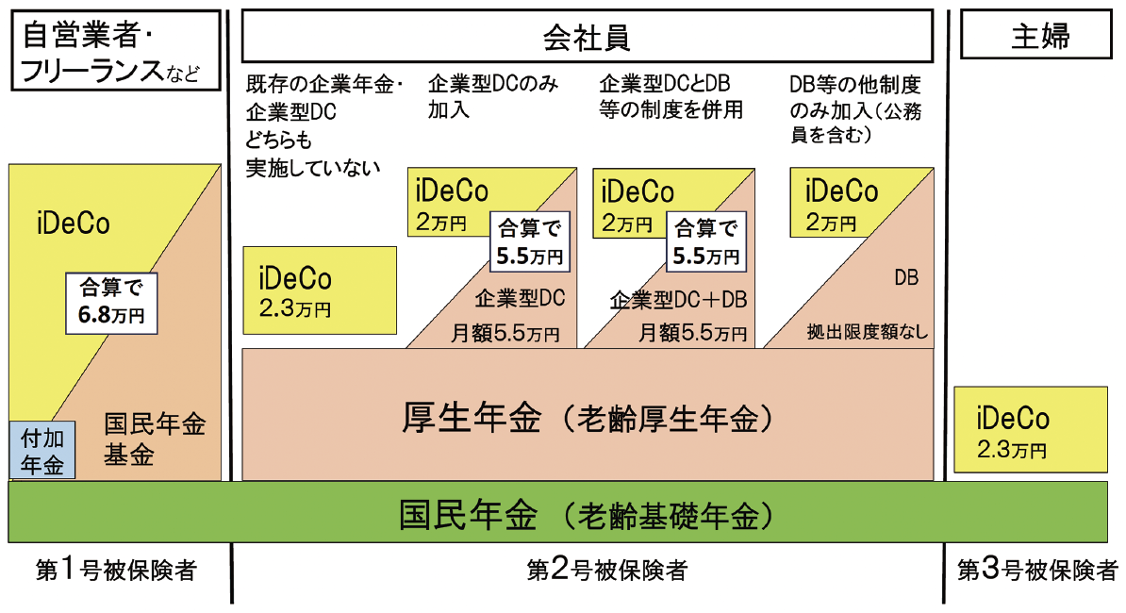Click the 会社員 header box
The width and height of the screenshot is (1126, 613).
coord(587,38)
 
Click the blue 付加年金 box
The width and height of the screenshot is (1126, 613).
coord(41,450)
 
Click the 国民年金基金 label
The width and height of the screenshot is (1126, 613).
coord(154,439)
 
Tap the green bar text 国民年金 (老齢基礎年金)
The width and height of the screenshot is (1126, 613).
coord(587,516)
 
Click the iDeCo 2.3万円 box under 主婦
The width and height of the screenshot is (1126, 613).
coord(1031,429)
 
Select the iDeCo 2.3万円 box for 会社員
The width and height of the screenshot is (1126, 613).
coord(320,290)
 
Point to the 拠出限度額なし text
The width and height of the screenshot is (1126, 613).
coord(867,332)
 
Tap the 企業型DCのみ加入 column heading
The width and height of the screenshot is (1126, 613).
coord(492,96)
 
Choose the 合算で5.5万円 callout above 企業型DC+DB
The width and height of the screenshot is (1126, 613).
coord(704,240)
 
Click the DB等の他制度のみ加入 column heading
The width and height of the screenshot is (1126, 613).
coord(854,108)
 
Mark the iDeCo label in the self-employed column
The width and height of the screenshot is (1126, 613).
coord(74,224)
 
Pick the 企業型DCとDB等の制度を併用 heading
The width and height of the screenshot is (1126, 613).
coord(671,96)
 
